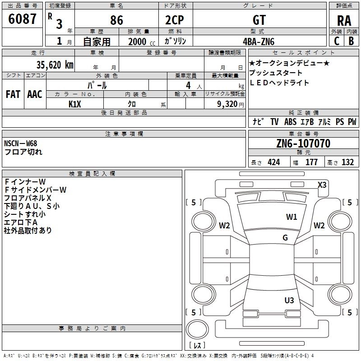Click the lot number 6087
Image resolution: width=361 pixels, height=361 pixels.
22,19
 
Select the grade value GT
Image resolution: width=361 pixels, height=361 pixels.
259,20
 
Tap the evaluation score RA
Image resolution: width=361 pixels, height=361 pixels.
344,21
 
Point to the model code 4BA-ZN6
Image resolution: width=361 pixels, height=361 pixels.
259,42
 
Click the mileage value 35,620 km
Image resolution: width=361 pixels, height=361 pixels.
55,65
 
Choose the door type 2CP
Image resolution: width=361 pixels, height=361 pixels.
175,20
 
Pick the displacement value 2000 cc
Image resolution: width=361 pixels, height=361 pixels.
142,42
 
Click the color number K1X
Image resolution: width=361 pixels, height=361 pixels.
75,104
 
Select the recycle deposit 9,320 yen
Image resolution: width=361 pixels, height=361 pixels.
231,104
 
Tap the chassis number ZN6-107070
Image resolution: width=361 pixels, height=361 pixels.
303,143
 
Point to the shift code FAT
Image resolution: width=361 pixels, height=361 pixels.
13,94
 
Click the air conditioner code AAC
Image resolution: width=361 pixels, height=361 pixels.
35,94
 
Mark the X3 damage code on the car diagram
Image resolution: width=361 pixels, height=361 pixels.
322,185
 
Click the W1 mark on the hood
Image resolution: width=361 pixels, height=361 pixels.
292,217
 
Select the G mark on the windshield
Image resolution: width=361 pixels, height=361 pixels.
285,238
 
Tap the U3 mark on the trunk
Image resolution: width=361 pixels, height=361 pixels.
289,301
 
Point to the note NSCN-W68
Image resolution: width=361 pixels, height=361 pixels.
20,143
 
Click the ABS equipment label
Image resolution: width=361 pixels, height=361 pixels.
290,122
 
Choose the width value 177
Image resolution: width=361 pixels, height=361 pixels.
311,162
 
